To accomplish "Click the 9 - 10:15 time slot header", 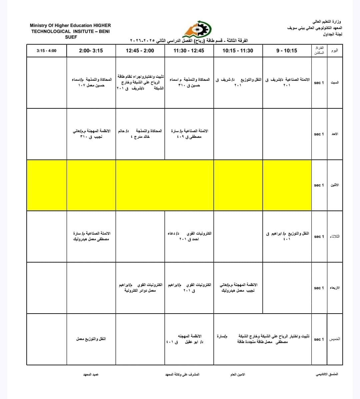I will pos(287,51).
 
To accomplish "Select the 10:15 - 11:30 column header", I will pos(238,51).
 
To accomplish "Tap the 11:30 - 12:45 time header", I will pos(189,51).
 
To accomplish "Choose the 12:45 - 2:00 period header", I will pos(140,51).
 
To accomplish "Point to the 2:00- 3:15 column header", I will pos(91,51).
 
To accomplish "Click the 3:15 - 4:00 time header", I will pos(46,51).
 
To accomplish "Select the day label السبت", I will pos(335,82).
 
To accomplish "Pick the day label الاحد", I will pos(335,134).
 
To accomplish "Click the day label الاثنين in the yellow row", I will pos(335,185).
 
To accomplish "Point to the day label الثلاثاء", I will pos(335,237).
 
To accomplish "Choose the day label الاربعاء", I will pos(335,288).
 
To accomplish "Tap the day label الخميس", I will pos(335,339).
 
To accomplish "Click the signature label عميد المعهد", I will pos(91,375).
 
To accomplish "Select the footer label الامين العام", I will pos(238,375).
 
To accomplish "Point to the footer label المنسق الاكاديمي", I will pos(327,374).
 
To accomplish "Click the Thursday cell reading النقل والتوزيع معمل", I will pos(91,339).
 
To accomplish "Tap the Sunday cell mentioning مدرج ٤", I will pos(140,134).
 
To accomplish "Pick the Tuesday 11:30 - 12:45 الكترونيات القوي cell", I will pos(189,236).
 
